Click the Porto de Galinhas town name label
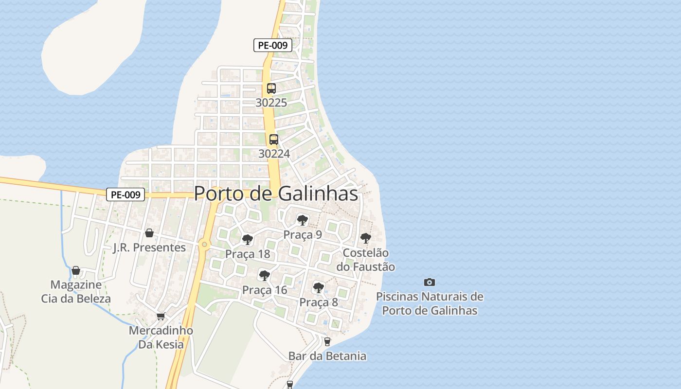[276, 194]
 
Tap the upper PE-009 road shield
[272, 45]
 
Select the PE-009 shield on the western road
[125, 195]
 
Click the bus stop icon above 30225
[271, 88]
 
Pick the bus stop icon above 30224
[274, 140]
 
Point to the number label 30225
[271, 103]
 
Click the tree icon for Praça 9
[303, 220]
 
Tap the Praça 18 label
[248, 254]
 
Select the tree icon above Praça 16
[264, 276]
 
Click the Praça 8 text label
[319, 302]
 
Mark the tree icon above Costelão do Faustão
[365, 238]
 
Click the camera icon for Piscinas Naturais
[429, 282]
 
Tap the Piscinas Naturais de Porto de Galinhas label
[430, 303]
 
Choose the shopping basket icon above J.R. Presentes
[149, 233]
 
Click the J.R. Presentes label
[149, 248]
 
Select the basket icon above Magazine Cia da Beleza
[76, 270]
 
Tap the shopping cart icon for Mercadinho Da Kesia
[161, 316]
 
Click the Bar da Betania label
[327, 356]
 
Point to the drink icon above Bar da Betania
[327, 342]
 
